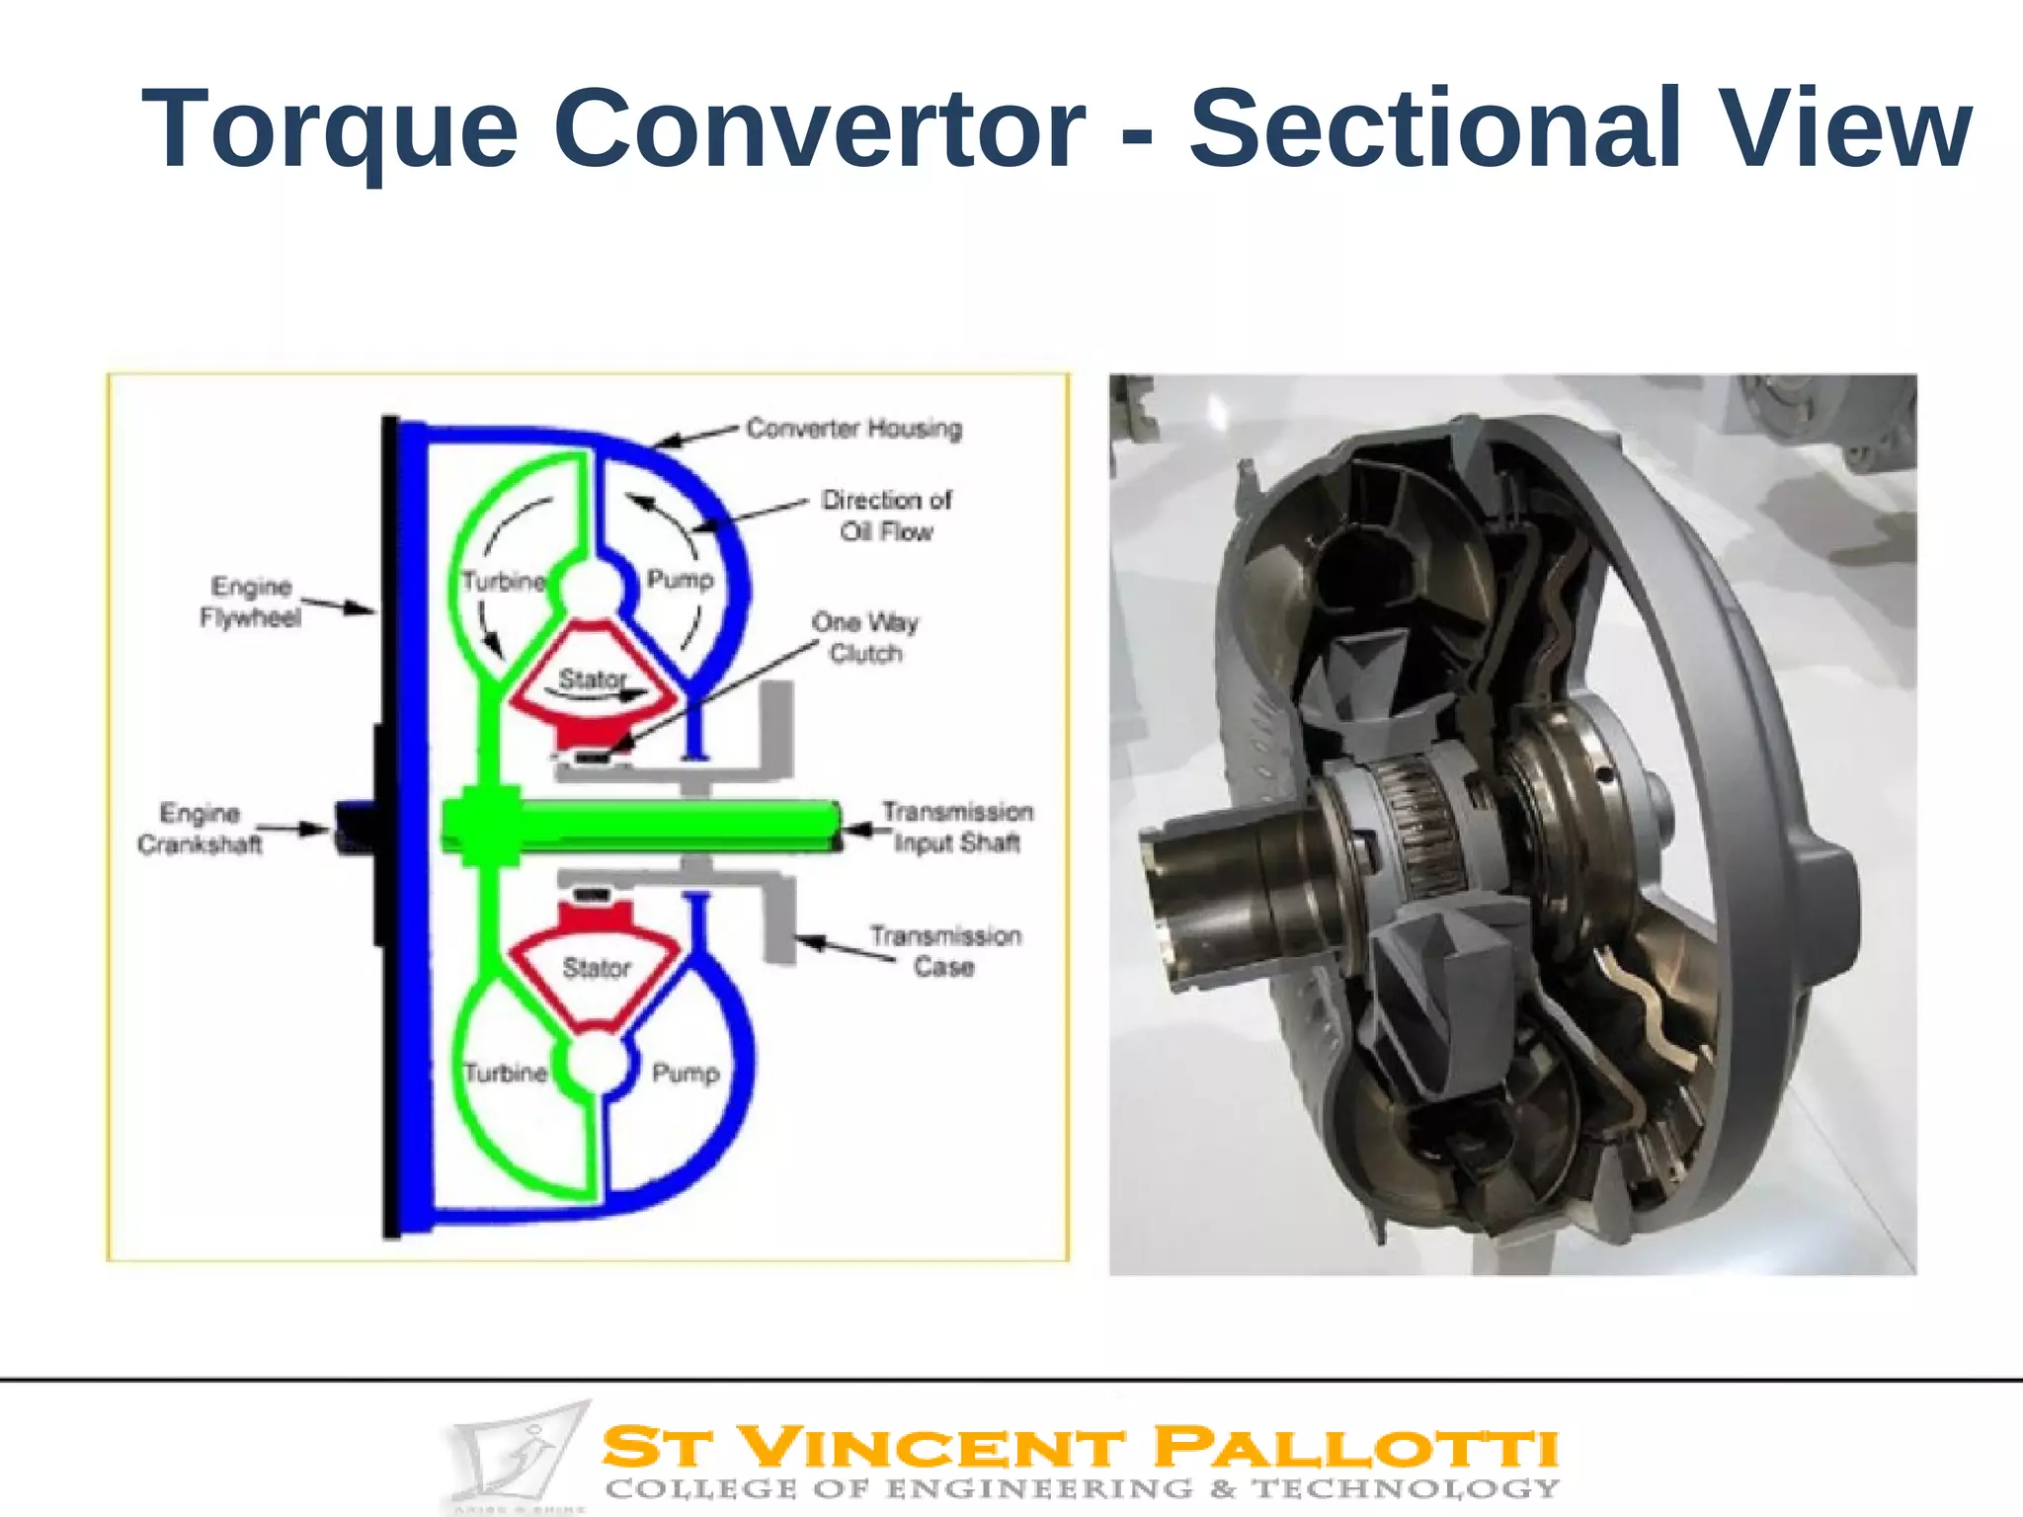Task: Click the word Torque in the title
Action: pos(330,129)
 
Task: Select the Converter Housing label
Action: pos(853,429)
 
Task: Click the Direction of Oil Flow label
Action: pos(886,516)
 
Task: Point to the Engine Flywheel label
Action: pos(251,601)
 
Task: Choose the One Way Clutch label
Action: pos(865,637)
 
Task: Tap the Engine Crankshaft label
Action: pos(201,829)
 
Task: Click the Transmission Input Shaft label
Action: pos(957,827)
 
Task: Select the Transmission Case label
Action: pos(945,950)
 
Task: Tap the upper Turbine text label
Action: pos(504,581)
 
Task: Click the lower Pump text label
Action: pos(686,1073)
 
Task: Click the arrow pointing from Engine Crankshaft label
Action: pos(292,828)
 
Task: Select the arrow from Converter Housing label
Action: pos(697,437)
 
